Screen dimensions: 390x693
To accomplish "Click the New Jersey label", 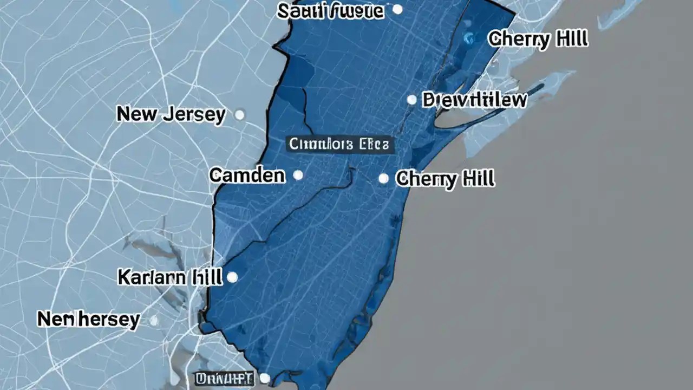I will click(x=171, y=115).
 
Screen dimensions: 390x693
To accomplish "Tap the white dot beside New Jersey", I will click(x=239, y=115).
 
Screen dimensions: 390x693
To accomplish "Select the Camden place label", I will click(x=247, y=175).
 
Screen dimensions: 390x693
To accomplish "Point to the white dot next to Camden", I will click(x=297, y=175).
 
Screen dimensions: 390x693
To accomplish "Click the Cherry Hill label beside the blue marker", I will click(x=538, y=39).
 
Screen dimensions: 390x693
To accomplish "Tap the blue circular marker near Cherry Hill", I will click(x=469, y=38).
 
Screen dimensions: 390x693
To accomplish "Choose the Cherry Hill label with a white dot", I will click(x=445, y=179).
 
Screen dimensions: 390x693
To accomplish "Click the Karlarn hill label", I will click(x=169, y=277).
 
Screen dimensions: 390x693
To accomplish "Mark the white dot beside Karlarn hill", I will click(x=232, y=277).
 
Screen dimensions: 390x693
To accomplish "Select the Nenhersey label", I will click(x=88, y=320).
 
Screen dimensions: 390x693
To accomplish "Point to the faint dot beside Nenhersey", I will click(x=154, y=321).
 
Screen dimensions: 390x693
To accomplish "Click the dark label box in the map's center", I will click(x=339, y=144).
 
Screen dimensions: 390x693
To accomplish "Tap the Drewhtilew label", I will click(x=474, y=100).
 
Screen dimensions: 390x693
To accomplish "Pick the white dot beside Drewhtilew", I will click(x=411, y=100).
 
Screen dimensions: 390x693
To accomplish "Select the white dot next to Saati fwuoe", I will click(x=397, y=9).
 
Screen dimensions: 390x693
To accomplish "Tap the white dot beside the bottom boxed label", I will click(x=265, y=378).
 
